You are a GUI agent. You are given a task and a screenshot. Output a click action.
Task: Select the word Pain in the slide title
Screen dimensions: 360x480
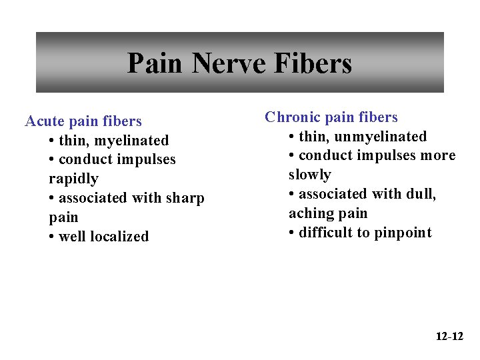coord(154,64)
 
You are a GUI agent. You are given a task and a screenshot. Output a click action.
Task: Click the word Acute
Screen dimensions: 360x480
coord(44,121)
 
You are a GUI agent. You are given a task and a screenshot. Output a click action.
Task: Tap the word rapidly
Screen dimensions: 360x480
coord(73,179)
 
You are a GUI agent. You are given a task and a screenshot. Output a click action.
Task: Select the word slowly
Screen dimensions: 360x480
coord(310,175)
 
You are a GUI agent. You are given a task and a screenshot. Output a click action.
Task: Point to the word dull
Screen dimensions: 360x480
coord(422,194)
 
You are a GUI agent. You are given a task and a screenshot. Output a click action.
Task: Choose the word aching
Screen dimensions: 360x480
coord(309,213)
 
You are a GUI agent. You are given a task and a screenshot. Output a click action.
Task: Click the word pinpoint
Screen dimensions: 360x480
coord(405,233)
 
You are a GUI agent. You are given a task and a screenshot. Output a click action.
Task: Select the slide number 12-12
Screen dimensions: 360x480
coord(449,336)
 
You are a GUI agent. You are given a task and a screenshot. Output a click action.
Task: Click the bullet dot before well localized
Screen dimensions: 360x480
coord(52,237)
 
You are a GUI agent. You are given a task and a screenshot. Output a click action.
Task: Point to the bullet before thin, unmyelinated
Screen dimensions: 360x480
coord(292,137)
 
